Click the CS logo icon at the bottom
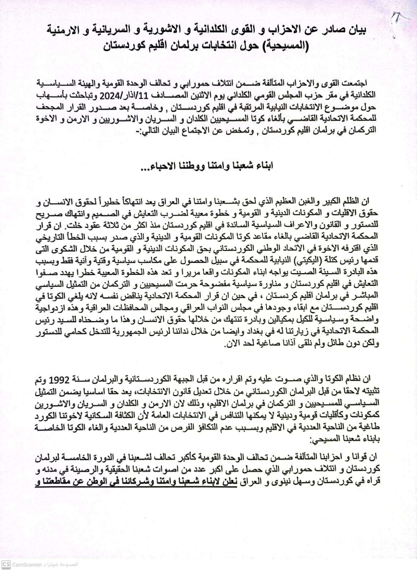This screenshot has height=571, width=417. pos(6,565)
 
